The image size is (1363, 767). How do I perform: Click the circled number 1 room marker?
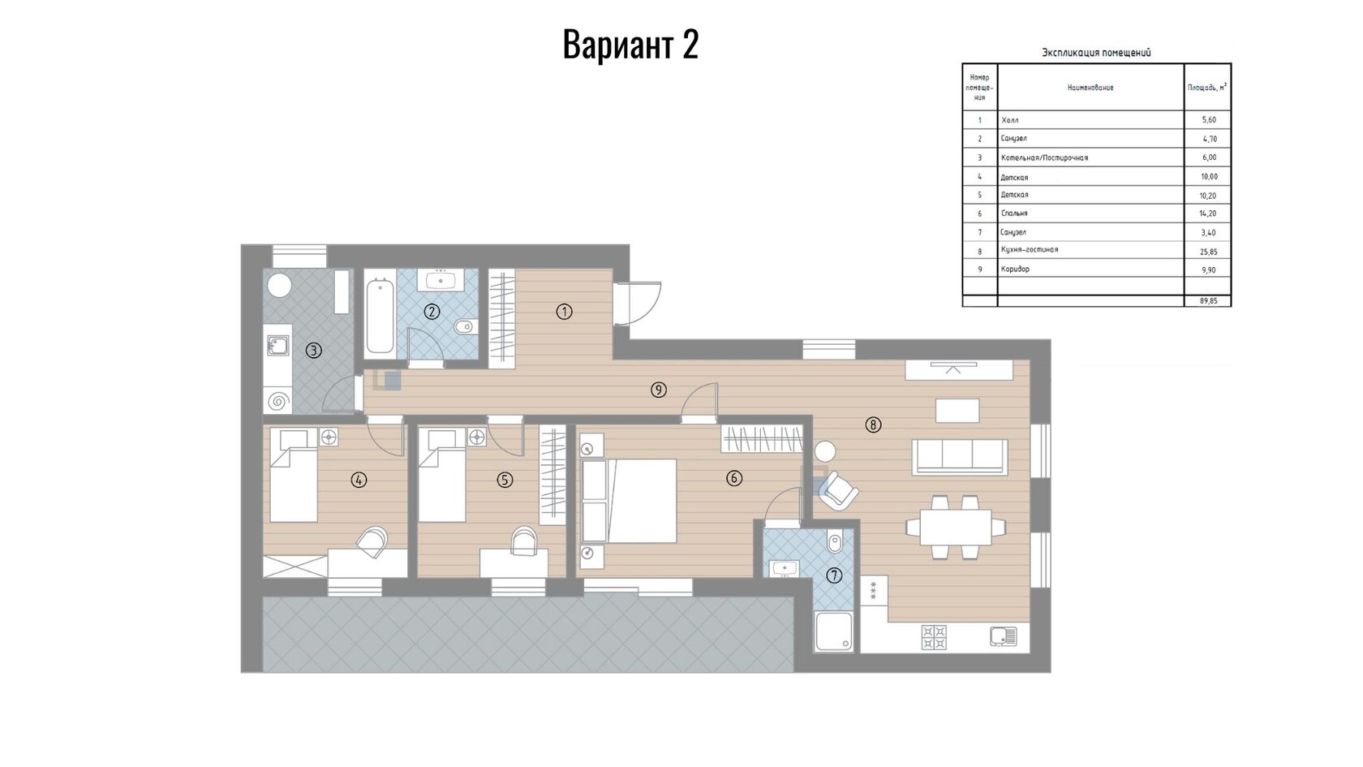click(564, 312)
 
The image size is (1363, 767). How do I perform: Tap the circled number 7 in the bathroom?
click(834, 575)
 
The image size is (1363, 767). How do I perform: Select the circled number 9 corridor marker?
click(659, 390)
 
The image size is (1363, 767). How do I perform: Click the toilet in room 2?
click(464, 326)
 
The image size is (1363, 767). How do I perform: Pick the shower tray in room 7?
click(834, 631)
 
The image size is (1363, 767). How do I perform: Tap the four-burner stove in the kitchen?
click(934, 637)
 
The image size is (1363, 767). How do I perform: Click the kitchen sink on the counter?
click(1004, 636)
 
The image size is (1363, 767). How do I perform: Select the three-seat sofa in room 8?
click(958, 456)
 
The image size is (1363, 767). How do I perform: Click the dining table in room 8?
click(956, 528)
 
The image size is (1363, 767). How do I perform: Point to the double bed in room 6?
click(630, 501)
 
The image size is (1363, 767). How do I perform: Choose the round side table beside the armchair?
click(825, 451)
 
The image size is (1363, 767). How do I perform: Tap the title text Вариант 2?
click(630, 45)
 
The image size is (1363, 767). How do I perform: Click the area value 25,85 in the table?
click(1209, 252)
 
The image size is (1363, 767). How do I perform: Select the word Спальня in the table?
click(1014, 213)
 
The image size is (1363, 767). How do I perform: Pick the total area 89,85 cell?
click(1209, 300)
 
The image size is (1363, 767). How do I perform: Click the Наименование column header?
click(1090, 88)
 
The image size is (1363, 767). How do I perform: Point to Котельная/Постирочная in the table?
click(1044, 157)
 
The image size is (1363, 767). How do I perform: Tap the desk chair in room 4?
click(372, 541)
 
